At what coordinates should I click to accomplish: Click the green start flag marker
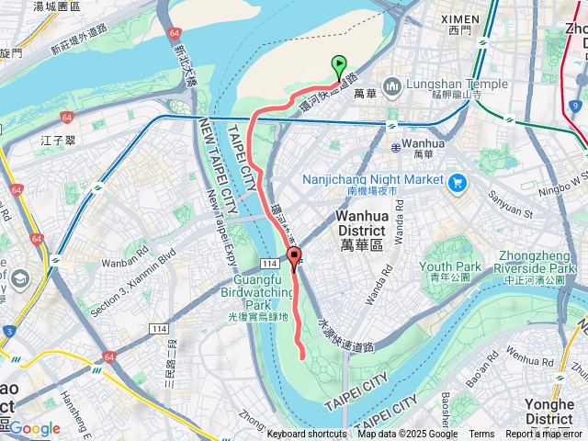339,66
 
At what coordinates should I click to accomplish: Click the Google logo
34,428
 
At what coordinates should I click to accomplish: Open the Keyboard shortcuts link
307,435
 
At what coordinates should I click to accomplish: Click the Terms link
481,435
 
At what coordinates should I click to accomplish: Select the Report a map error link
544,435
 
